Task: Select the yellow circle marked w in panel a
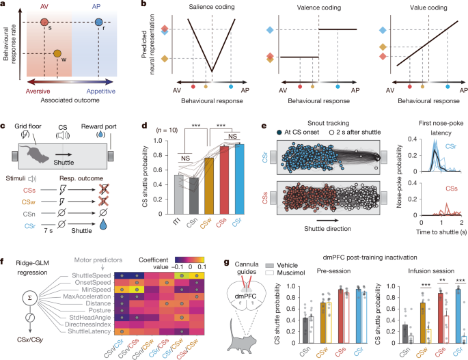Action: coord(58,53)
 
